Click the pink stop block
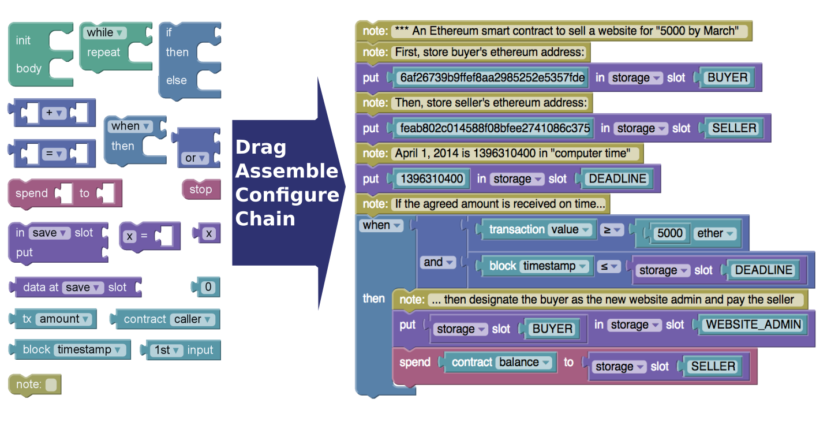(201, 189)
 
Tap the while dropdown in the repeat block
(104, 33)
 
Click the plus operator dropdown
(54, 113)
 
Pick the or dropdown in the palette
(195, 158)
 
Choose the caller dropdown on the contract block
(193, 319)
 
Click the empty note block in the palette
(35, 385)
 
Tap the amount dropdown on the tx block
(63, 319)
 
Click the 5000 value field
(669, 233)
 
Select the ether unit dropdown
(715, 233)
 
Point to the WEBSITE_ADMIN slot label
(754, 325)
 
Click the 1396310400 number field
(432, 179)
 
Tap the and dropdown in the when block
(438, 262)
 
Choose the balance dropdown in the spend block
(523, 362)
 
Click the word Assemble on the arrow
(287, 171)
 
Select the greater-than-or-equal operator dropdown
(611, 230)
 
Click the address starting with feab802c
(495, 128)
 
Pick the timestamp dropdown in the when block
(554, 266)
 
